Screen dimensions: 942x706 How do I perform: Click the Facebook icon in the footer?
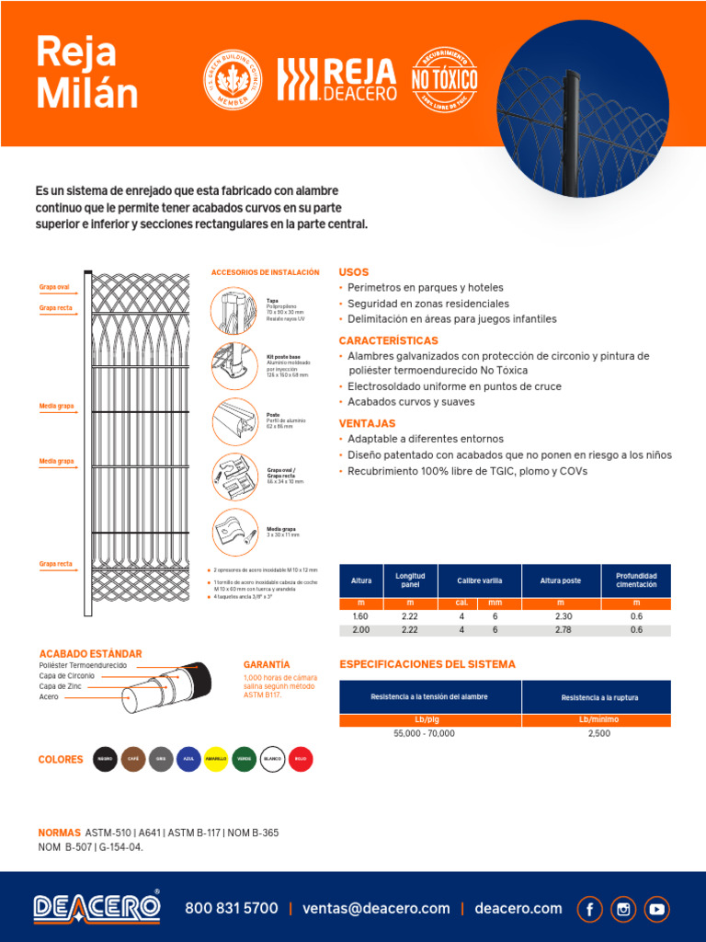click(590, 909)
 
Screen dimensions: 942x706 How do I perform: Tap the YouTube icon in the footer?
click(656, 909)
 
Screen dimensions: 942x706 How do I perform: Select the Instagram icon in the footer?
click(623, 909)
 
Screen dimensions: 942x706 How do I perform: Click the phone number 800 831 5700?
click(231, 909)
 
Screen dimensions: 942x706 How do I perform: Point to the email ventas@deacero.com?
click(376, 909)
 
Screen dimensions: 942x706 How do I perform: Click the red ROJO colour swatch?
click(300, 759)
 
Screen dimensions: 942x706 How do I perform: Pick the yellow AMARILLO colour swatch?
click(216, 759)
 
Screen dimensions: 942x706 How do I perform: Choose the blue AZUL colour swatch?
click(188, 759)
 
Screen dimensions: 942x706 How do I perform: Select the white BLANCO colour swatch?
click(272, 759)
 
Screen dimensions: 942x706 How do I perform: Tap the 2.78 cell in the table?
click(564, 630)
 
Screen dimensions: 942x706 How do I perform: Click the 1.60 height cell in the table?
click(361, 616)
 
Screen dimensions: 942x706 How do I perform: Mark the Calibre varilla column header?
click(478, 580)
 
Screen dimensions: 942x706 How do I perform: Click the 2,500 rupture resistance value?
click(598, 733)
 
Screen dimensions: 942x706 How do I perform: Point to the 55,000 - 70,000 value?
click(424, 733)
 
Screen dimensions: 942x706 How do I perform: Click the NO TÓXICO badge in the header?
click(444, 81)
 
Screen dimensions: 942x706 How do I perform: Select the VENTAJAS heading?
click(367, 423)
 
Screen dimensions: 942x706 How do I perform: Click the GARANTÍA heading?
click(267, 664)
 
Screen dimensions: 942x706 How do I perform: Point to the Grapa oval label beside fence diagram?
click(54, 287)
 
